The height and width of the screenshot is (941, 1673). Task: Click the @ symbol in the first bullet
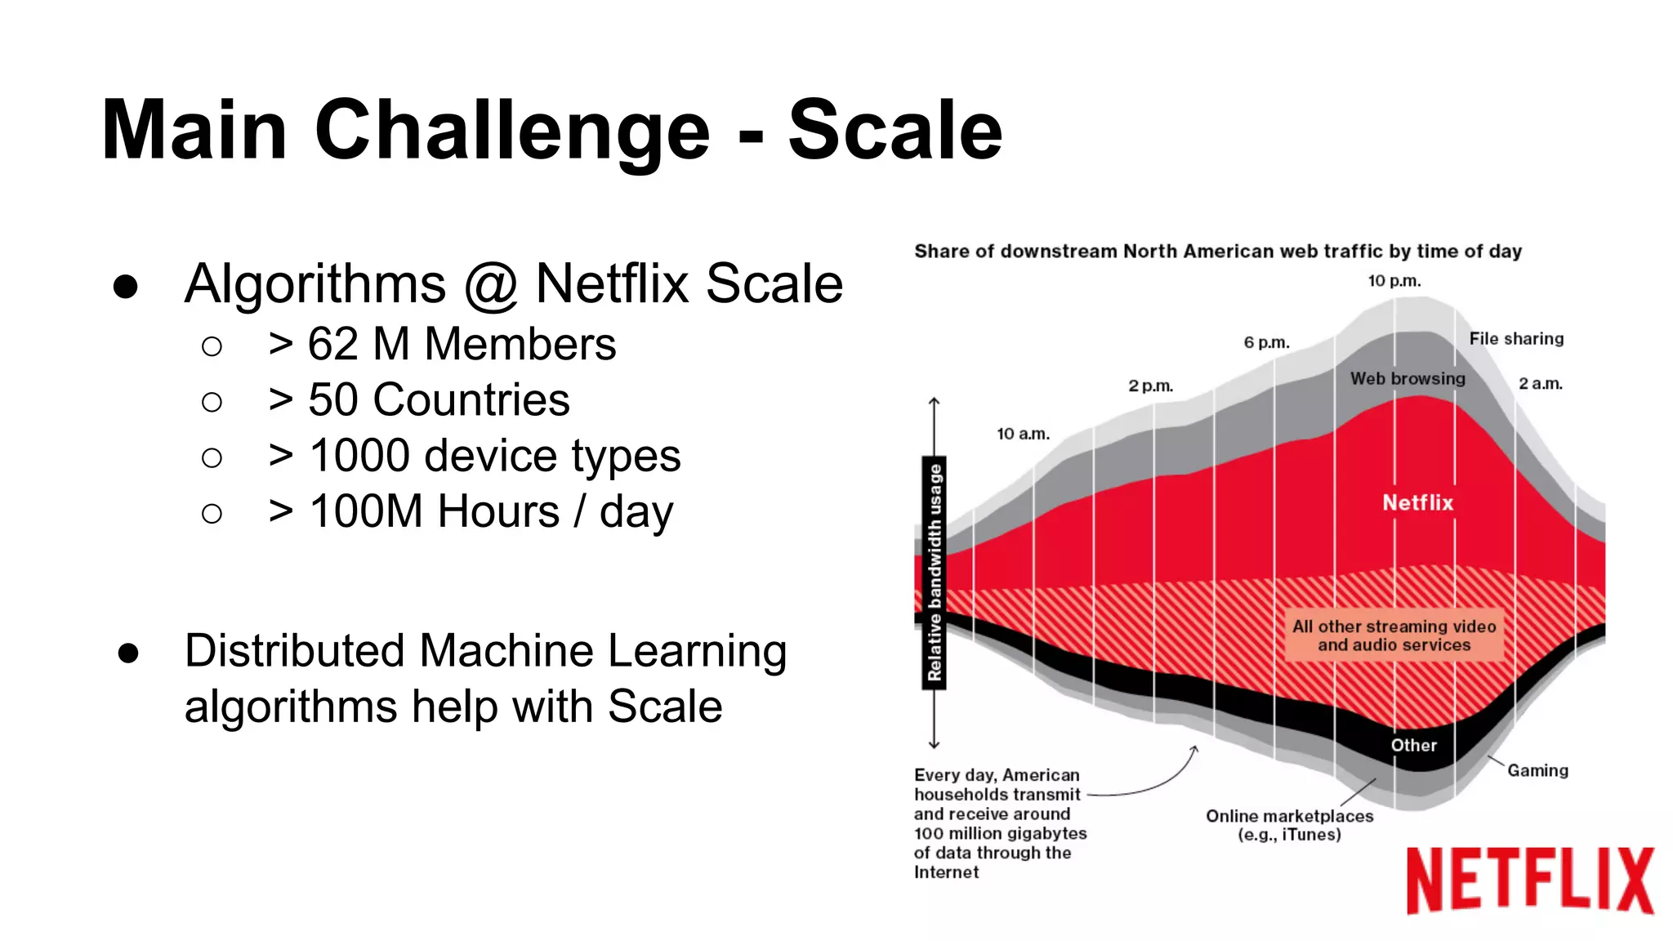tap(491, 285)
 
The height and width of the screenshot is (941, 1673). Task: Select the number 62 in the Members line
tap(332, 344)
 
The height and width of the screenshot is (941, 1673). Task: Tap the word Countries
tap(471, 400)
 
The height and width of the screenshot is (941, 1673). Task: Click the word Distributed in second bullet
tap(294, 652)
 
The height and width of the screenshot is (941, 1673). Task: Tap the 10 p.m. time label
tap(1394, 281)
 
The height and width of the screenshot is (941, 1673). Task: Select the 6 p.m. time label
tap(1266, 342)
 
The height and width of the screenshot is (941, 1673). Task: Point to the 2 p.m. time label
tap(1150, 386)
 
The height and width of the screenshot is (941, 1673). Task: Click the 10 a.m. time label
tap(1023, 434)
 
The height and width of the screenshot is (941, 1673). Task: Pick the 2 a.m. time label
tap(1540, 384)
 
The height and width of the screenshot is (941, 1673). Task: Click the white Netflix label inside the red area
tap(1417, 503)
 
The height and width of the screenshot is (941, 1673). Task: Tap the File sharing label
tap(1516, 339)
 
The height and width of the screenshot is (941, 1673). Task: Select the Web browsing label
tap(1408, 379)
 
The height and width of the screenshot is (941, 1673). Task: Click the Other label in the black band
tap(1413, 745)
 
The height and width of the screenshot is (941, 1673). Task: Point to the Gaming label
tap(1537, 770)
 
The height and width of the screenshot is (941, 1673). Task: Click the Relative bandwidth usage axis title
tap(935, 572)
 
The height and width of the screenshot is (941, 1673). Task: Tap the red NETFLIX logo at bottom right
tap(1529, 881)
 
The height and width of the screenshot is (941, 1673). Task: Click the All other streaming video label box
tap(1394, 636)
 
